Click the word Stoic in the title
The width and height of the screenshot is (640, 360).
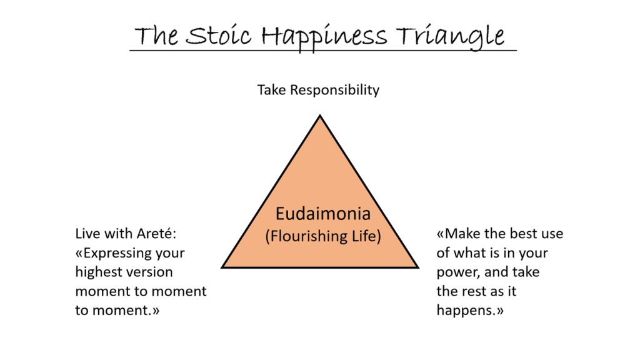point(218,35)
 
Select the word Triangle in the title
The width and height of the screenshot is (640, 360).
point(451,37)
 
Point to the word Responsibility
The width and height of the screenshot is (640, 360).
point(335,90)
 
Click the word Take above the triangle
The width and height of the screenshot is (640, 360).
point(272,90)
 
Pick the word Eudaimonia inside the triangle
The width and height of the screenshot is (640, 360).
point(323,214)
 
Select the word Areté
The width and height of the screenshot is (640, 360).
point(156,233)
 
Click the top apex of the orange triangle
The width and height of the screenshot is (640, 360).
point(320,116)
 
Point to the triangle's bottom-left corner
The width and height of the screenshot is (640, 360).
point(222,267)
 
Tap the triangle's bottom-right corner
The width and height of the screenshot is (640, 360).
point(418,267)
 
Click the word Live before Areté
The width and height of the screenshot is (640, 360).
point(87,233)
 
